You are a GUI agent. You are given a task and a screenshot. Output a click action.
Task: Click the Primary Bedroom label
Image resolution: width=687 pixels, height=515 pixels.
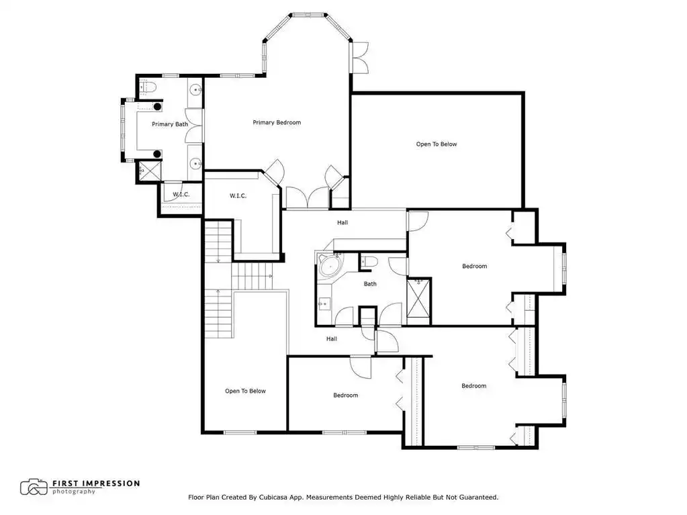(277, 123)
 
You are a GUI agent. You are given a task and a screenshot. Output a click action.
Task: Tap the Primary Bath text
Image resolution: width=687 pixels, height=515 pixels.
(170, 124)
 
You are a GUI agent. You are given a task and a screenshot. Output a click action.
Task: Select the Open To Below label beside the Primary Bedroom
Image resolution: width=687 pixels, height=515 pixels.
(437, 144)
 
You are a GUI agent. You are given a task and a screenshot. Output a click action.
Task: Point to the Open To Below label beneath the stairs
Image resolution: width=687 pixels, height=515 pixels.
(245, 391)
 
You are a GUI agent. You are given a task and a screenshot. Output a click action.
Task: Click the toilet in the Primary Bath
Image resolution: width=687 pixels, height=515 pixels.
(148, 87)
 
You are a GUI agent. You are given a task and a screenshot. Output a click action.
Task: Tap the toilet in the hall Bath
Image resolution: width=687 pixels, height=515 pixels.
(369, 262)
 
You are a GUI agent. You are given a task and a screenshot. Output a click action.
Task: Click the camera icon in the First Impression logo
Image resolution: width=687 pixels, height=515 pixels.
(34, 487)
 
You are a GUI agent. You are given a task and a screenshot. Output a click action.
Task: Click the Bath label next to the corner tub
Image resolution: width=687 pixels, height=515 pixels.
(370, 284)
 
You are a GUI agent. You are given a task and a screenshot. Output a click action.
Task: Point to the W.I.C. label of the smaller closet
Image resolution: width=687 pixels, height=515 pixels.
(181, 195)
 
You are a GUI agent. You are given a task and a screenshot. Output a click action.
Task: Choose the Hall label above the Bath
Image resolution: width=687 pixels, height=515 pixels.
(342, 222)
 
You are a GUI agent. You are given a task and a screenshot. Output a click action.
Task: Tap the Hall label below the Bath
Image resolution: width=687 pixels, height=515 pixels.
(332, 338)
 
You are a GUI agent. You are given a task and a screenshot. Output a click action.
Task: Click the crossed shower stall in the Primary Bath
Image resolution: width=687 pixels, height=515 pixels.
(150, 171)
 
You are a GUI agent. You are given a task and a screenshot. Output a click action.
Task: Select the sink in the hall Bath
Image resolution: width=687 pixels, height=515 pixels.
(324, 303)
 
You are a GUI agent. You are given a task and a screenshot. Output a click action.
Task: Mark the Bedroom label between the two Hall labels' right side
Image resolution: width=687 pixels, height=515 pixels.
(475, 267)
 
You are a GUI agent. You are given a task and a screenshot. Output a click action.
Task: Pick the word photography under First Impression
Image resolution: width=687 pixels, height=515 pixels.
(74, 491)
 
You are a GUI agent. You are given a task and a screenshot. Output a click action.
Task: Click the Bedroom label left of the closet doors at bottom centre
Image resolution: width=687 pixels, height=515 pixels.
(346, 395)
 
